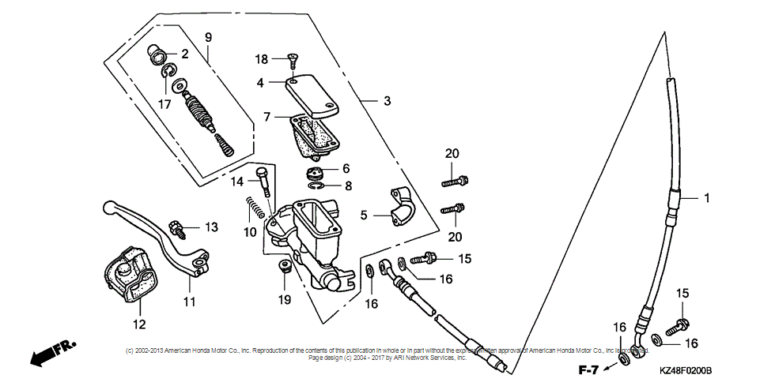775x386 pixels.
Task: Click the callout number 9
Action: (209, 37)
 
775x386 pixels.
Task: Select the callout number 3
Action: (387, 101)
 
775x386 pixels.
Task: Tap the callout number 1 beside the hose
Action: (708, 198)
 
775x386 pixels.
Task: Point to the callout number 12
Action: (139, 324)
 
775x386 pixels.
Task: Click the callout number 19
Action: (284, 300)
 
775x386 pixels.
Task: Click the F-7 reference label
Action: (588, 369)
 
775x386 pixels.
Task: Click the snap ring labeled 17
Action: (168, 73)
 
